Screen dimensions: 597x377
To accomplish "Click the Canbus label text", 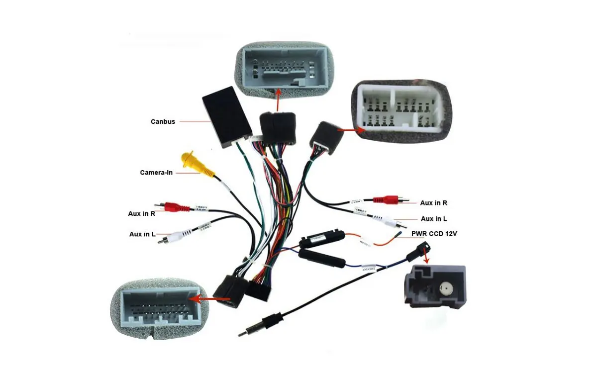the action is [x=163, y=121].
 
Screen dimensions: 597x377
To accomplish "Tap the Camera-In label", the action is [x=156, y=173].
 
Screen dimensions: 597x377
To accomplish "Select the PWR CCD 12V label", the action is [x=434, y=233].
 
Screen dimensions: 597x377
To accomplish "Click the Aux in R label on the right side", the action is [x=433, y=203].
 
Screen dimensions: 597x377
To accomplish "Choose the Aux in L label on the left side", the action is [x=142, y=234].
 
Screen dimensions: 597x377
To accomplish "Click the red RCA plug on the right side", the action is [x=388, y=199].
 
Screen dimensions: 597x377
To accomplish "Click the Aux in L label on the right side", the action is [x=434, y=219].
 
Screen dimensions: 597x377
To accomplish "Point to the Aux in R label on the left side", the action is [x=142, y=213].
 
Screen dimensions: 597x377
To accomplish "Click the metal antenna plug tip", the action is [x=243, y=333].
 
